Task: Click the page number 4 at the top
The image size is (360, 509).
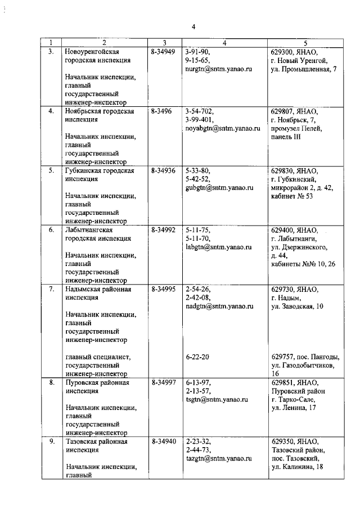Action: point(193,26)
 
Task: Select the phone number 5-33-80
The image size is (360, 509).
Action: point(197,170)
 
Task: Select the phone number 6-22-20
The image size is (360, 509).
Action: point(197,357)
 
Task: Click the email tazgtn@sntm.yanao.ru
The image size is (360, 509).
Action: point(218,459)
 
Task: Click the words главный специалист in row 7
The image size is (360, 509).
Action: point(98,357)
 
